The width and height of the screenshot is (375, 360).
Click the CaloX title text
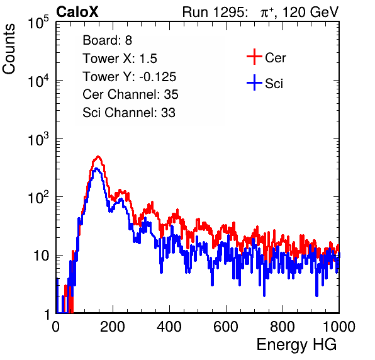[77, 12]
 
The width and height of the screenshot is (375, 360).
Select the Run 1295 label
[215, 12]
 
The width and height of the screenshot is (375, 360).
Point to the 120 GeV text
[310, 12]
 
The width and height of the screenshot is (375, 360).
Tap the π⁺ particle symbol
[267, 12]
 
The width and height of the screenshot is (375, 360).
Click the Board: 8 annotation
[107, 40]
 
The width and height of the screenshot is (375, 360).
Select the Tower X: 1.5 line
[120, 59]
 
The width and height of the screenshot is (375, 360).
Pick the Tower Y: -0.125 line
[130, 77]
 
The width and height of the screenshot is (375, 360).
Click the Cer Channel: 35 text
[130, 94]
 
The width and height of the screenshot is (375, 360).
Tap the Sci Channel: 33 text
[129, 113]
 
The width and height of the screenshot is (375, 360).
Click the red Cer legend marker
[254, 57]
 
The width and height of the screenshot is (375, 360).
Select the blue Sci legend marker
[254, 82]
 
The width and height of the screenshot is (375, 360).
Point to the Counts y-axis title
[9, 49]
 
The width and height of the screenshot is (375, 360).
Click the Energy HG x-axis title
[296, 345]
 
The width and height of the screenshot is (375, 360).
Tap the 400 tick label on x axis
[169, 327]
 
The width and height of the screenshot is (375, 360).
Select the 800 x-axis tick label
[283, 327]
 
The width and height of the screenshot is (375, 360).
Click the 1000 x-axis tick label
[339, 327]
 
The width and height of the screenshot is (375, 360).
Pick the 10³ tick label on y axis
[38, 139]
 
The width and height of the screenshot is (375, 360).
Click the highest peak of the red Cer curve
[98, 157]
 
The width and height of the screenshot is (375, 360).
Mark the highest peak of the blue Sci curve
[96, 169]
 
